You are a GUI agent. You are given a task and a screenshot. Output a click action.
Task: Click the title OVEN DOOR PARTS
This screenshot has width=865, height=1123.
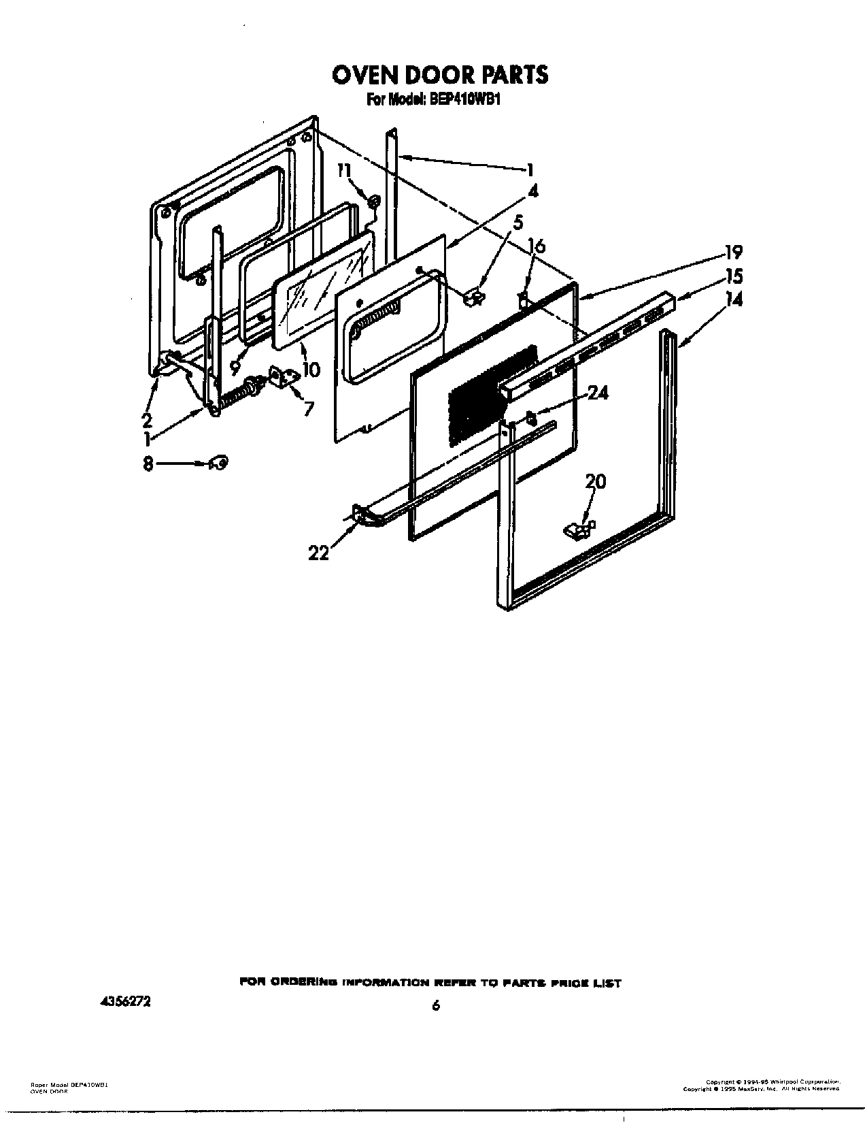[439, 74]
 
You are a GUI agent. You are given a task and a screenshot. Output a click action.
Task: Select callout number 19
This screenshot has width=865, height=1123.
[733, 253]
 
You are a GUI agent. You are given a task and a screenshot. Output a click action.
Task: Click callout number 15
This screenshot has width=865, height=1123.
[733, 276]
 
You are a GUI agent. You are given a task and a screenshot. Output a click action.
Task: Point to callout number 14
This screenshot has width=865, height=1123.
[733, 299]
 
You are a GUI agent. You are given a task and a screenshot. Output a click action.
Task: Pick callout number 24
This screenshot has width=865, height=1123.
[598, 393]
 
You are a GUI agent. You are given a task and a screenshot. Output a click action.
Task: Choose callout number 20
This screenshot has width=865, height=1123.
[595, 482]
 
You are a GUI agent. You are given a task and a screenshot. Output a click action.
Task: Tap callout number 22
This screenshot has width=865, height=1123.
[318, 553]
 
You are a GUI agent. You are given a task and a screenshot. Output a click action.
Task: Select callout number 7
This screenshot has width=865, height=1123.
[309, 409]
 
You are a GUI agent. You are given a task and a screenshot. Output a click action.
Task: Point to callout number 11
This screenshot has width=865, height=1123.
[345, 170]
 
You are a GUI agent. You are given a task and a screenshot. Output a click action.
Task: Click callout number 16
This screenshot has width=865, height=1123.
[537, 246]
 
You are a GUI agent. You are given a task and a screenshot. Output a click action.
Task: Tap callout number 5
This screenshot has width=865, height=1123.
[518, 223]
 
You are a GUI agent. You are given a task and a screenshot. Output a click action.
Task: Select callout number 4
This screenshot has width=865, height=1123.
[532, 193]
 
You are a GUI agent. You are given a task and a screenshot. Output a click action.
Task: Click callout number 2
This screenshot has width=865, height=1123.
[147, 420]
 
